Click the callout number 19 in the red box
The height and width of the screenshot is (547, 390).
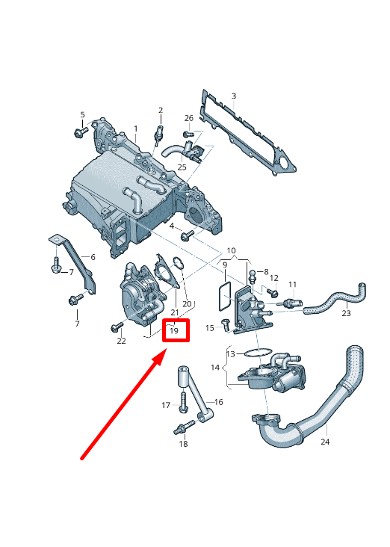174,330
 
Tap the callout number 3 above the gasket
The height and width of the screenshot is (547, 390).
233,96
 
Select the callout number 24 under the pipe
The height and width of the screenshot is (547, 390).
324,442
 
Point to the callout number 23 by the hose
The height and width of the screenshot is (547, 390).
346,313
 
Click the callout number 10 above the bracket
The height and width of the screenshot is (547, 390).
231,250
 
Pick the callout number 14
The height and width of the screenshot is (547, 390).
215,368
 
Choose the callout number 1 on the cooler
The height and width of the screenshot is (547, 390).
136,129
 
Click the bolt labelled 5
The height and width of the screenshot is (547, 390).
79,133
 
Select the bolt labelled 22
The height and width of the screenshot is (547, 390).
117,327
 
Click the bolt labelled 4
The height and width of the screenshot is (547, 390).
186,235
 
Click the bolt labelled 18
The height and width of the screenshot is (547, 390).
180,430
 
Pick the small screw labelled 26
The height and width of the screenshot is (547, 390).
188,135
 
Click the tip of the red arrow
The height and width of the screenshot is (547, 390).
161,357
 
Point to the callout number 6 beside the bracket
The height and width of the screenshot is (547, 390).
93,257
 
